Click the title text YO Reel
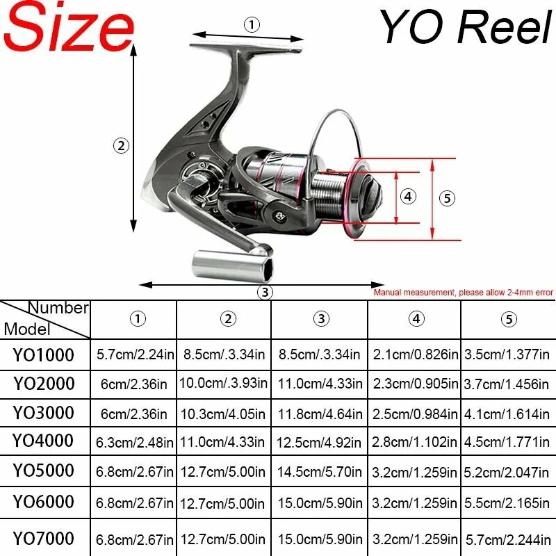[465, 26]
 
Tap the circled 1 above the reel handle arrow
[252, 25]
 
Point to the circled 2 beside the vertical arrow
[121, 146]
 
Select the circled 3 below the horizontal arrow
[265, 293]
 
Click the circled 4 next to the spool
[408, 196]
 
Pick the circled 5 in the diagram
[447, 198]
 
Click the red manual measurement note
[463, 293]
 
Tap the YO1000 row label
[43, 355]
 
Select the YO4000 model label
[43, 441]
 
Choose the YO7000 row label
[43, 538]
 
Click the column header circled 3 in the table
[321, 318]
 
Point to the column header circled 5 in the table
[509, 319]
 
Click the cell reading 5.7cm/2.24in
[135, 354]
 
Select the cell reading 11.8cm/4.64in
[320, 414]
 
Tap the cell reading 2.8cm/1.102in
[414, 442]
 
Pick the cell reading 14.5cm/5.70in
[319, 472]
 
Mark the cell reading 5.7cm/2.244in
[508, 540]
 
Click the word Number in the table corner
[58, 308]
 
